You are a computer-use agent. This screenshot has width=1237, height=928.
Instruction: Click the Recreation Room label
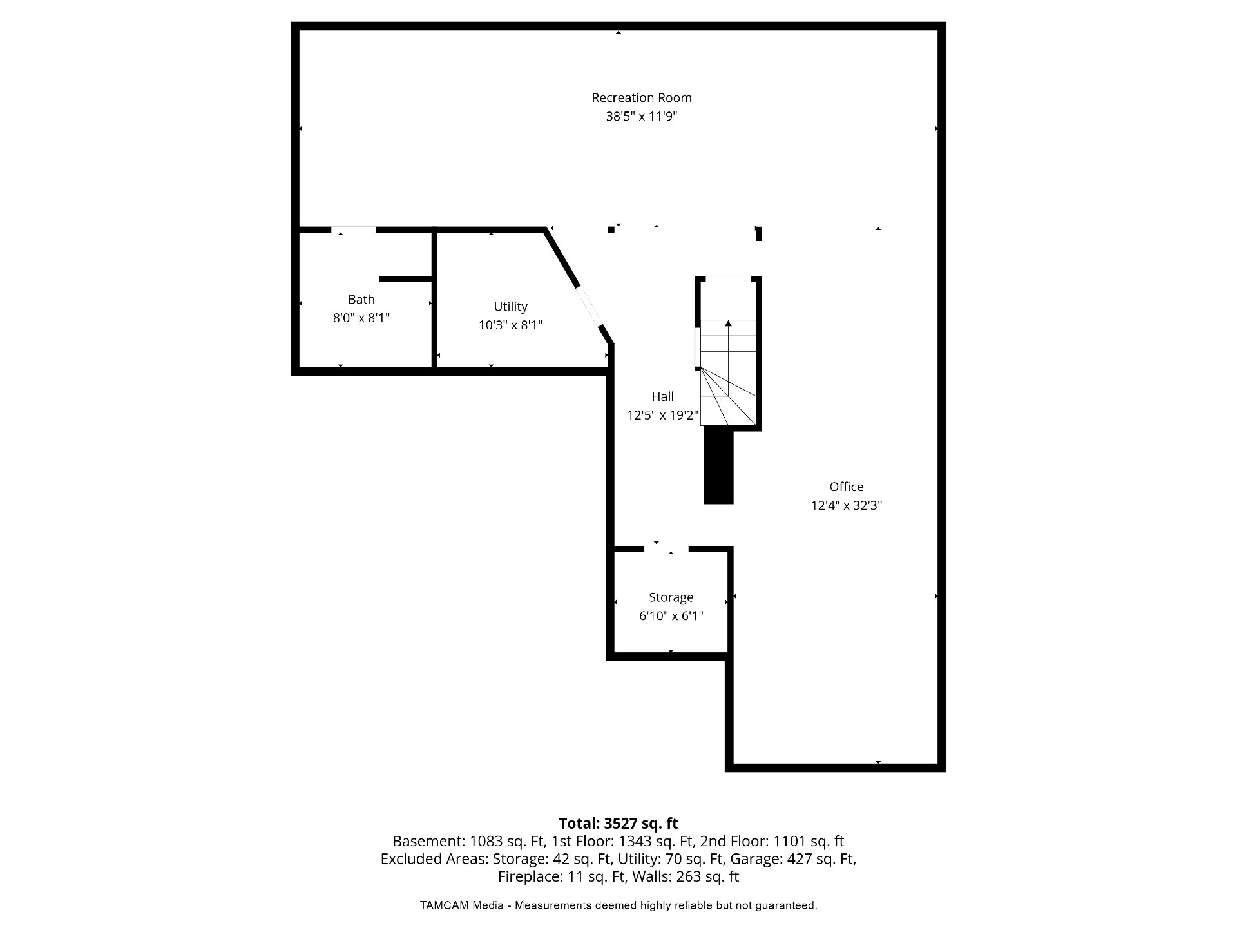pos(642,98)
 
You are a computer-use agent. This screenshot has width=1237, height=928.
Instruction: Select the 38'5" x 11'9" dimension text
pos(642,117)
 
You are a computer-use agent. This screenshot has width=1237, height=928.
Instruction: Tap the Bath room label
pos(361,299)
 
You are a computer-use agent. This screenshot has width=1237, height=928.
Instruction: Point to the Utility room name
pos(510,307)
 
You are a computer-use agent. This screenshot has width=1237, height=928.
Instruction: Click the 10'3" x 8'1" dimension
pos(510,325)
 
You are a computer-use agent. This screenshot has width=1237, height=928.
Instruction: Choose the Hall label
pos(662,396)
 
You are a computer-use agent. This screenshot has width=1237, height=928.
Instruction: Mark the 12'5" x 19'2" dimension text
pos(662,415)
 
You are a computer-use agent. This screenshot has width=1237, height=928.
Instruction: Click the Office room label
pos(846,487)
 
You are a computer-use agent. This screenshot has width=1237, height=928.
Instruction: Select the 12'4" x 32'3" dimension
pos(846,505)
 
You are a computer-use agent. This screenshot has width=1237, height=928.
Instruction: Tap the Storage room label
pos(671,597)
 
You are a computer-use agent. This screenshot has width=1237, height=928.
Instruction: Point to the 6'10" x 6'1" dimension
pos(671,615)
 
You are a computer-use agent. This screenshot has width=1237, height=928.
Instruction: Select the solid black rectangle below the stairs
pos(718,467)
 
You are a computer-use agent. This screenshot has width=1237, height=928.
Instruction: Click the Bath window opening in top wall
pos(353,229)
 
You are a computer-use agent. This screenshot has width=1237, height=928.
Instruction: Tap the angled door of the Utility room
pos(590,307)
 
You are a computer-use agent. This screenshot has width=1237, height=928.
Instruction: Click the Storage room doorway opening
pos(666,548)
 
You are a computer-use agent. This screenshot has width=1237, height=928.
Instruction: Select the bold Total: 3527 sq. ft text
pos(618,823)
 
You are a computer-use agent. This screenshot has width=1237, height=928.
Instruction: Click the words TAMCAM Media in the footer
pos(461,905)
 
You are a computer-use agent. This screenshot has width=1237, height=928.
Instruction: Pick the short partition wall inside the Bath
pos(405,279)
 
